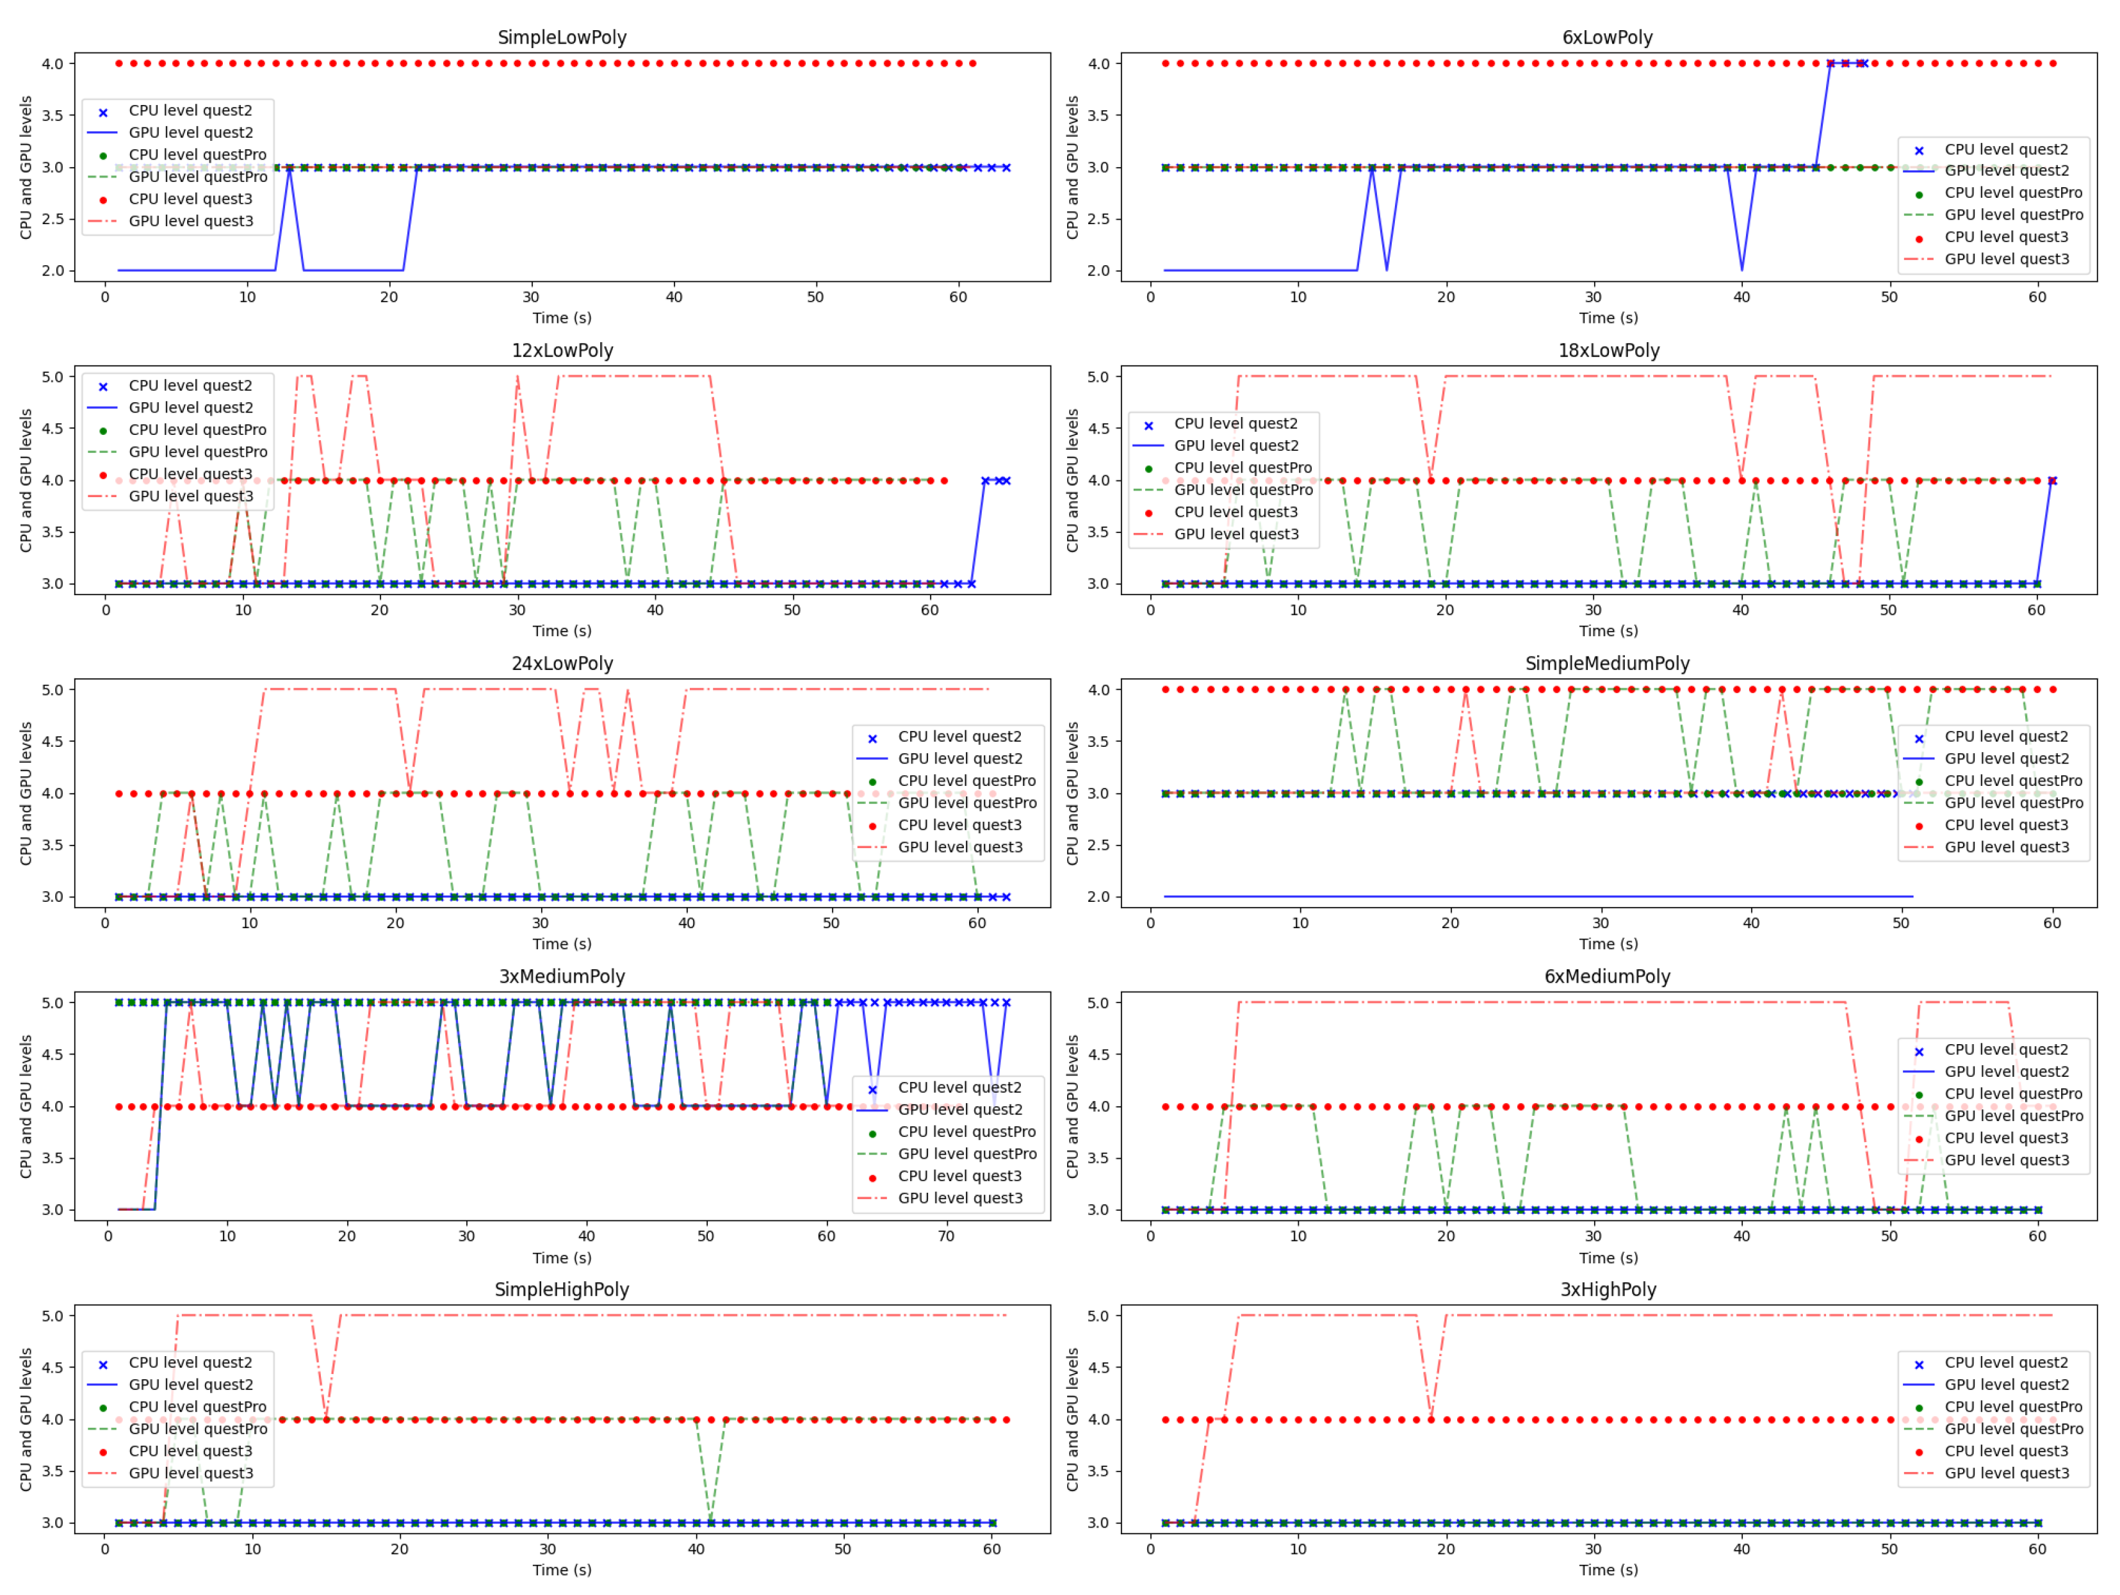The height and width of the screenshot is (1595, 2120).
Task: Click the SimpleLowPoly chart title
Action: [x=562, y=37]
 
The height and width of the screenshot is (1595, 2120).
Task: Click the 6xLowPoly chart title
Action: [x=1607, y=37]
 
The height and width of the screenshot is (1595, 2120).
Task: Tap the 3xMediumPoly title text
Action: [x=562, y=977]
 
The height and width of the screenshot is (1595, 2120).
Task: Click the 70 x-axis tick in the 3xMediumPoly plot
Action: [x=946, y=1236]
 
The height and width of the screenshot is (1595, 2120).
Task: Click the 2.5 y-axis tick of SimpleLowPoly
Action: [x=53, y=218]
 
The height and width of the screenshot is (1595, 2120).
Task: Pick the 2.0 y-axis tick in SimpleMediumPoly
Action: [x=1098, y=897]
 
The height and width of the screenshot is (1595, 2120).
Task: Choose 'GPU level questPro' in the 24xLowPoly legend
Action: [x=967, y=803]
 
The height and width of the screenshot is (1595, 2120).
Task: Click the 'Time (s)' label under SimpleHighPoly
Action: [x=562, y=1570]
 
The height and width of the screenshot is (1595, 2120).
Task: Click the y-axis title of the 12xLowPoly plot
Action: [x=26, y=480]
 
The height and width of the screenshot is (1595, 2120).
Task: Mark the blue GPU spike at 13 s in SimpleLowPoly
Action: [x=289, y=170]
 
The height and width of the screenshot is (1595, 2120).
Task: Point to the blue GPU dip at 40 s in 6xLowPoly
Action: [x=1741, y=268]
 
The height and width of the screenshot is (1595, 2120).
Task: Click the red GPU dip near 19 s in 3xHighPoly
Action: [x=1431, y=1417]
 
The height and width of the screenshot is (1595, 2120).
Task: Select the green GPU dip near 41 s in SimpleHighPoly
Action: [x=710, y=1520]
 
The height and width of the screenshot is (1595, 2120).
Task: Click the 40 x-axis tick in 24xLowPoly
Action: [x=686, y=923]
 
